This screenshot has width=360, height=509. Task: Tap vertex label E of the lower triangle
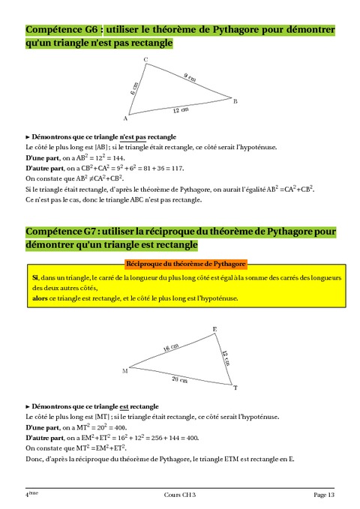coord(216,330)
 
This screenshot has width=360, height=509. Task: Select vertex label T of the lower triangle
coord(235,388)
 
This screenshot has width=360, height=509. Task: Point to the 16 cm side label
coord(172,347)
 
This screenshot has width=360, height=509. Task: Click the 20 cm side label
coord(179,379)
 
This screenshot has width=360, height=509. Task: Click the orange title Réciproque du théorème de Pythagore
coord(185,264)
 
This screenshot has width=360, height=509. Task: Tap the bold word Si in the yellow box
coord(34,277)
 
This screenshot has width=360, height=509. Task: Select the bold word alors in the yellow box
coord(39,298)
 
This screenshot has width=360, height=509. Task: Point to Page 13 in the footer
coord(324,496)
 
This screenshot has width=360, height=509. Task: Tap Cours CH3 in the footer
coord(180,496)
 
